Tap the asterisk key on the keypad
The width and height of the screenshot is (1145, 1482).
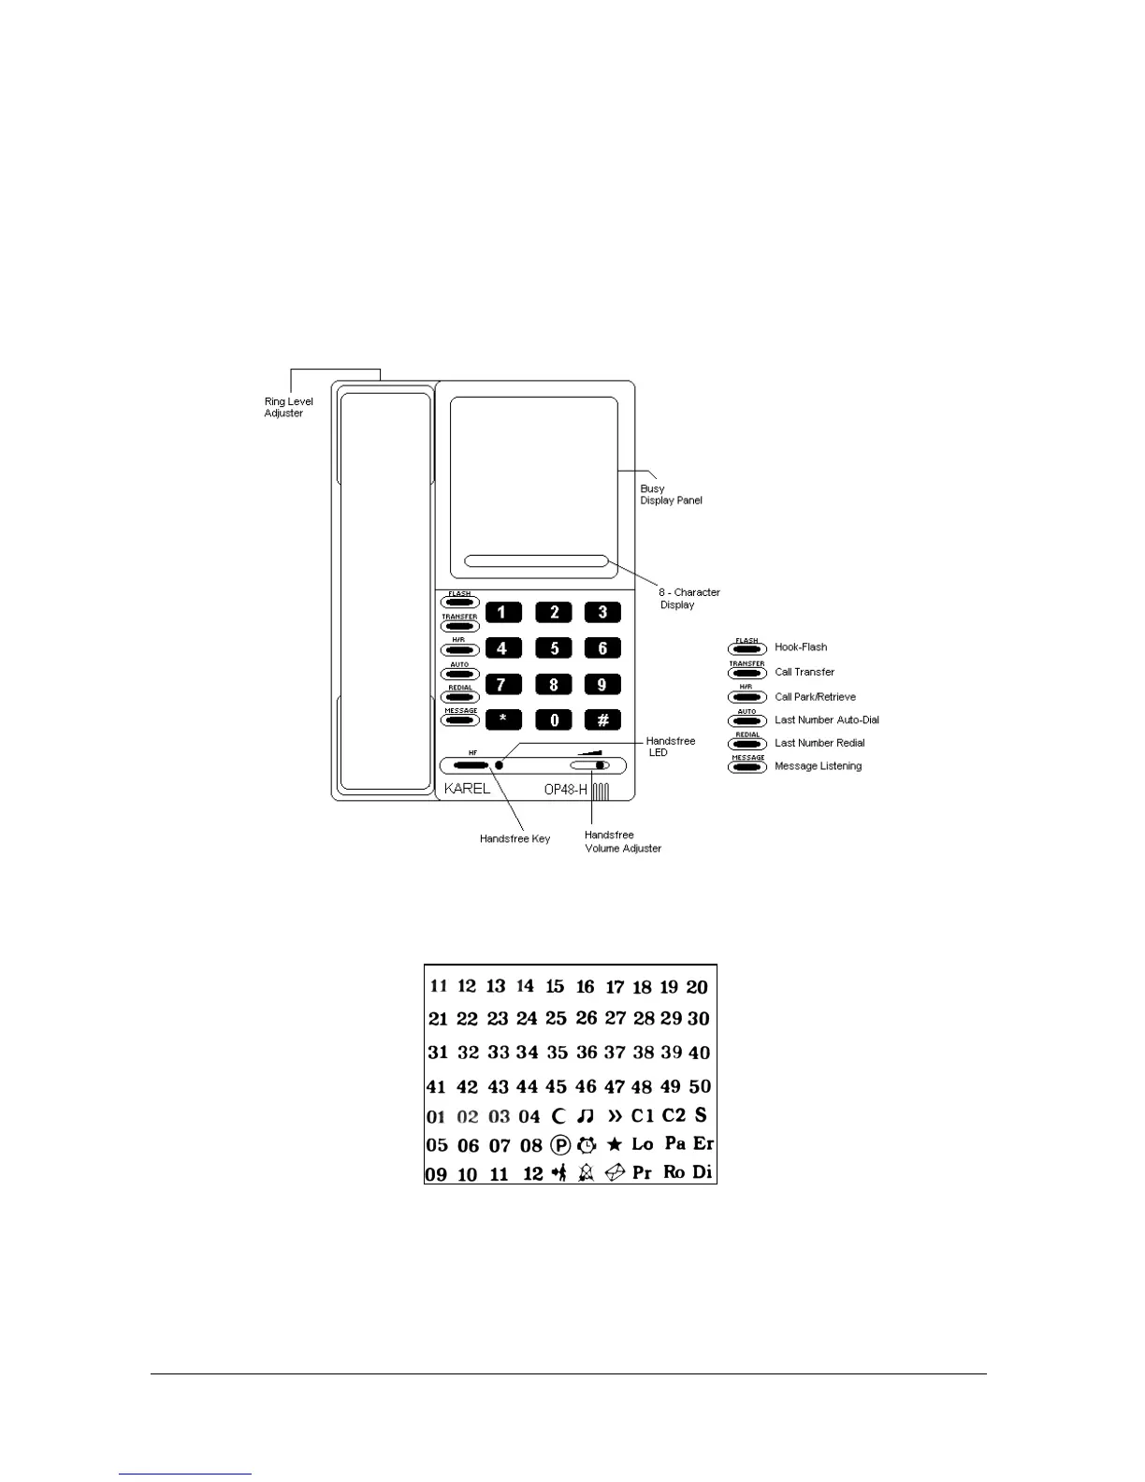[503, 719]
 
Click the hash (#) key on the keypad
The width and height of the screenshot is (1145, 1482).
[602, 719]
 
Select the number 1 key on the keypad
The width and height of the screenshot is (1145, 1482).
[503, 612]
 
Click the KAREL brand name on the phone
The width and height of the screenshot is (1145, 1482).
[467, 789]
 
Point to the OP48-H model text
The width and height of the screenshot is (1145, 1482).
[566, 790]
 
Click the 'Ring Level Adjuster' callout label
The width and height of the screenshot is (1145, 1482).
[288, 407]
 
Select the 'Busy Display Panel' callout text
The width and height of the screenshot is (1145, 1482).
[671, 494]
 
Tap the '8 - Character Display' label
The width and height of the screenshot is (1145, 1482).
[688, 598]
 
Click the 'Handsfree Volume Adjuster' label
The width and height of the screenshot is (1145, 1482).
[622, 841]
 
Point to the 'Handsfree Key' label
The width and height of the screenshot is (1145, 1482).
[515, 839]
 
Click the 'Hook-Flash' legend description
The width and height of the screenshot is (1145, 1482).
[801, 647]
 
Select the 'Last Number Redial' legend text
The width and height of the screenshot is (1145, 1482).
[819, 743]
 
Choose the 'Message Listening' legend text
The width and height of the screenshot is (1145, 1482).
[818, 766]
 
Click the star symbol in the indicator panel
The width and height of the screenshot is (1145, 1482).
[615, 1144]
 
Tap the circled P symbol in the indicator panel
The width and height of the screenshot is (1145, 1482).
[560, 1144]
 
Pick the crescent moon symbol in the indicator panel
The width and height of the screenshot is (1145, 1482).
[559, 1115]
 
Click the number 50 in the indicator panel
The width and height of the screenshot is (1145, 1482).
[700, 1086]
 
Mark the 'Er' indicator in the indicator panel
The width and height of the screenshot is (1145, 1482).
[703, 1143]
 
